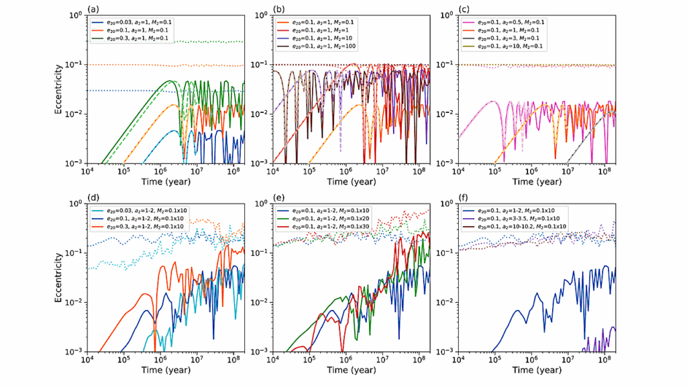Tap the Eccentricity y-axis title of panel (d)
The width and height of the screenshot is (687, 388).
[60, 277]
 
